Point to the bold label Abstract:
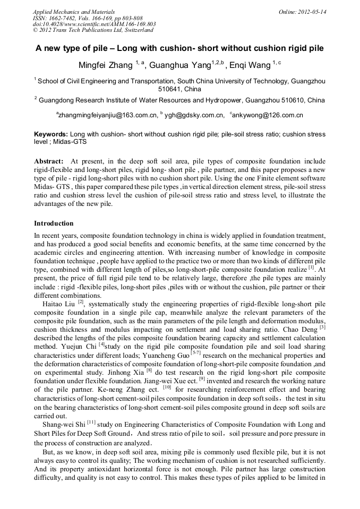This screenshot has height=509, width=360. tap(49, 161)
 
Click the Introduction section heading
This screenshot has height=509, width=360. tap(54, 223)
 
